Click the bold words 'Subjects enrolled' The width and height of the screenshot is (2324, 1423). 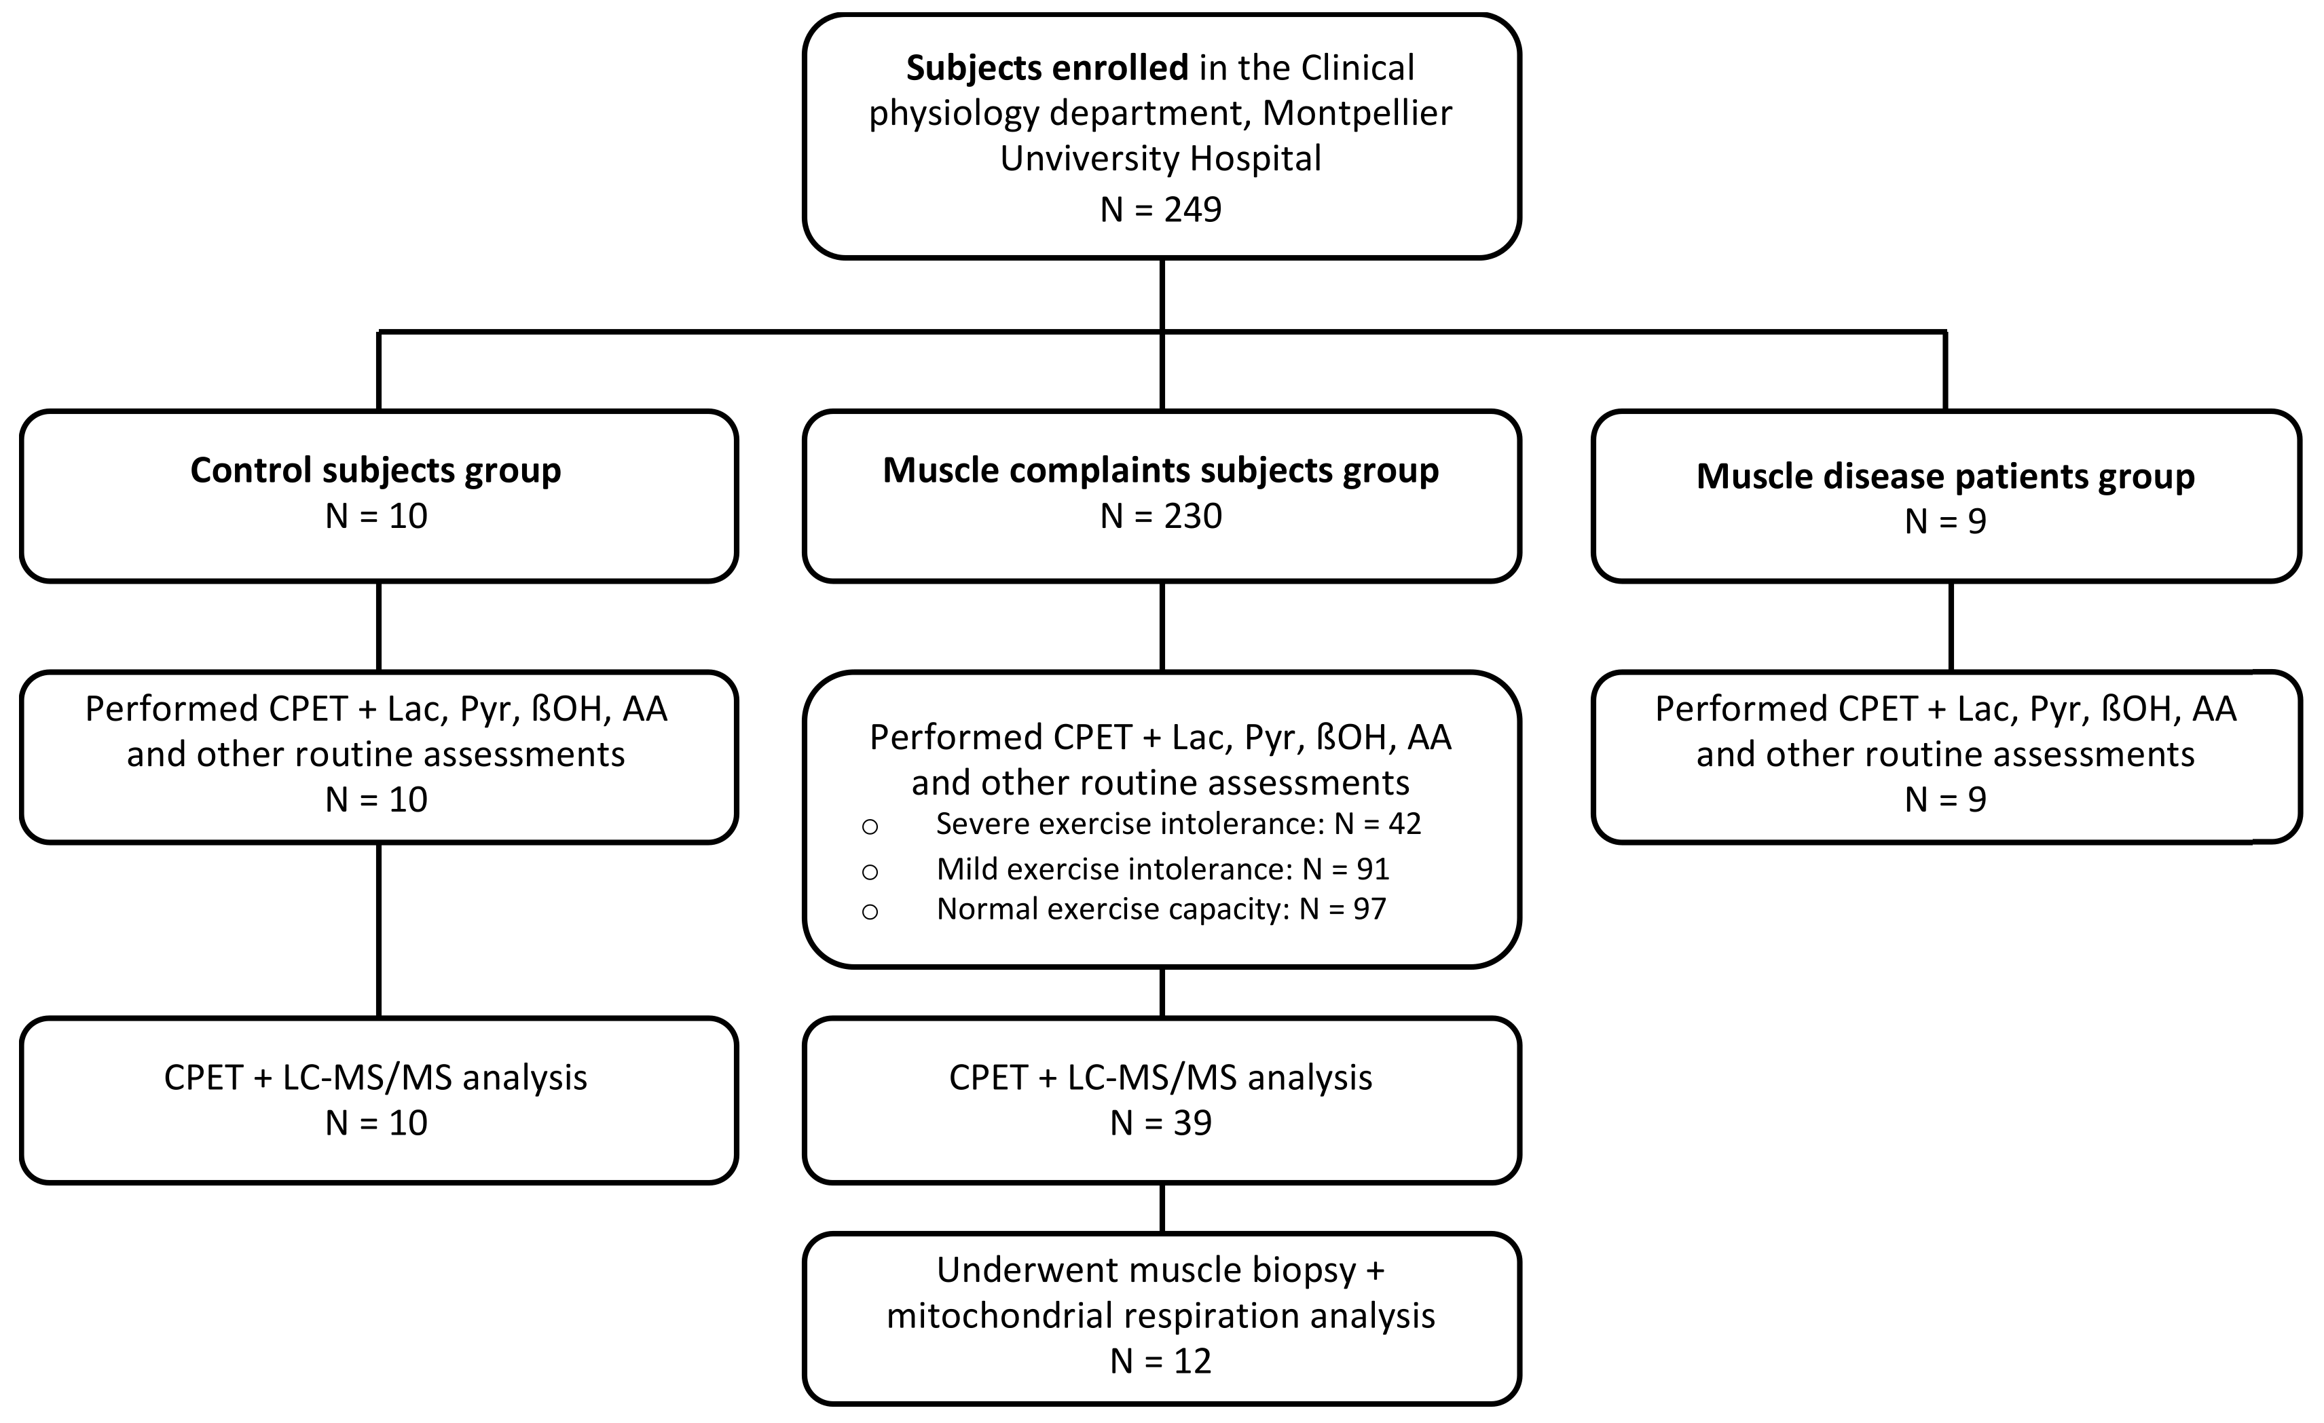click(x=1047, y=68)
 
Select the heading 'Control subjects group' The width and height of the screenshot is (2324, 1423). click(x=375, y=470)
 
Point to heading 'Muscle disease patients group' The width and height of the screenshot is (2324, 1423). click(x=1945, y=476)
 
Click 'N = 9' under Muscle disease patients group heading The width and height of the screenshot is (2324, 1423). click(x=1945, y=521)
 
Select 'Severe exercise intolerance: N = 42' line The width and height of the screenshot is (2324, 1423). click(x=1177, y=824)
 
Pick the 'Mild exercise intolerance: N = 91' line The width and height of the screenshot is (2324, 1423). click(x=1162, y=869)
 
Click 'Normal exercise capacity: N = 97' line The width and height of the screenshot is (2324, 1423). click(x=1160, y=909)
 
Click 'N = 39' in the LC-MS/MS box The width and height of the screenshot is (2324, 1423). click(x=1160, y=1123)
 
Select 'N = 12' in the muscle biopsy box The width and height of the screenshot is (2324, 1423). click(x=1160, y=1361)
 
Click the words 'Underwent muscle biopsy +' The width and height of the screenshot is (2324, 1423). click(x=1160, y=1270)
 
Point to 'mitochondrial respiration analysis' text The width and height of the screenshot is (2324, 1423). click(x=1160, y=1316)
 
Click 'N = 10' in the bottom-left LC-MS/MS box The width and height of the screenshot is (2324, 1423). click(x=375, y=1123)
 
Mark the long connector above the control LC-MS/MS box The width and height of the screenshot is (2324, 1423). click(x=379, y=929)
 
